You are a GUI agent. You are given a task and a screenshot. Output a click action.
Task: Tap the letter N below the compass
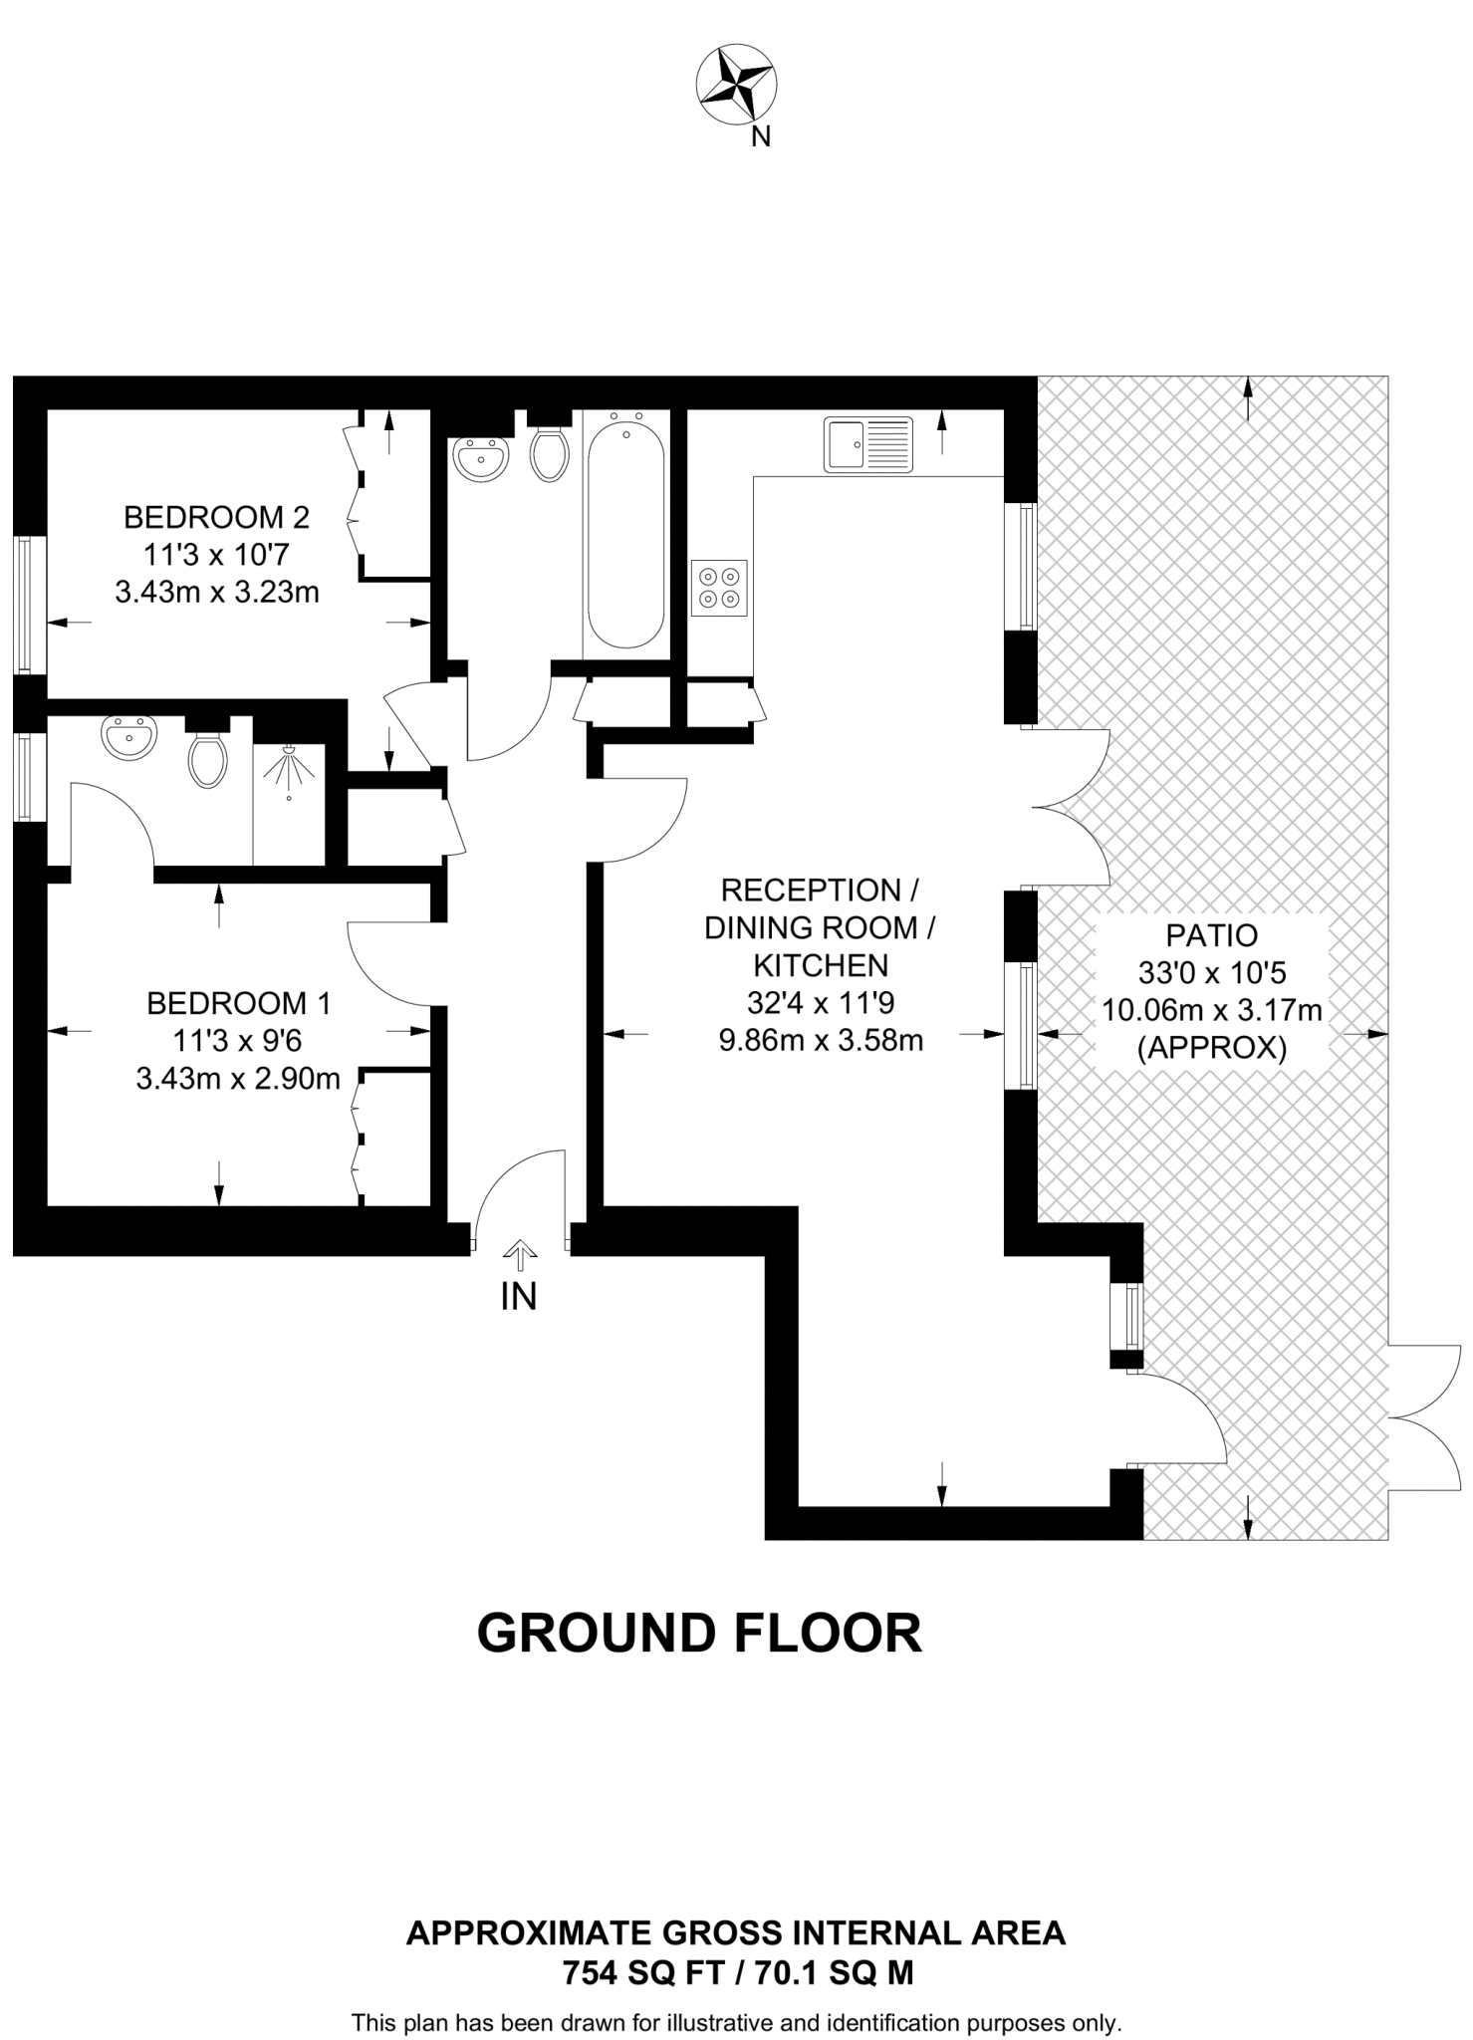coord(761,137)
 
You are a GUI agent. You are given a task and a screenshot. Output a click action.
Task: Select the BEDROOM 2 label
coord(216,517)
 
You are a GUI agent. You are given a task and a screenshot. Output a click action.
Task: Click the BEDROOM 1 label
coord(238,1003)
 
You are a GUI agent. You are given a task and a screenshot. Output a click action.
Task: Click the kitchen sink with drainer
coord(867,444)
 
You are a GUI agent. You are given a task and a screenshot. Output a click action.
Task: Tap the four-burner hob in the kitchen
coord(719,587)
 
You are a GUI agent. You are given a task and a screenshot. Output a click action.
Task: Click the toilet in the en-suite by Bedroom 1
coord(207,759)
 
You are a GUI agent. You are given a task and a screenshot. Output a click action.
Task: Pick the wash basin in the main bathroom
coord(481,458)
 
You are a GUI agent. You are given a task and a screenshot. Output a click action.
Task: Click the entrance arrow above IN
coord(519,1251)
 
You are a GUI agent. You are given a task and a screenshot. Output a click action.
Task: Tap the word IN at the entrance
coord(519,1296)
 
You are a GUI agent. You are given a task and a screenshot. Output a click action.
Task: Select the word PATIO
coord(1211,935)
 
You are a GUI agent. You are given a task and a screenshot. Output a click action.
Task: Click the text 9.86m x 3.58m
coord(821,1041)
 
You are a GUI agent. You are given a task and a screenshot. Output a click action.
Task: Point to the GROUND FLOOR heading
coord(699,1634)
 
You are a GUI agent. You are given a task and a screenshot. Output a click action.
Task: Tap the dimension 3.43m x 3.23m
coord(217,593)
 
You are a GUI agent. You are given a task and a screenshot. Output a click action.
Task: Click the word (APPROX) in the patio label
coord(1211,1049)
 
